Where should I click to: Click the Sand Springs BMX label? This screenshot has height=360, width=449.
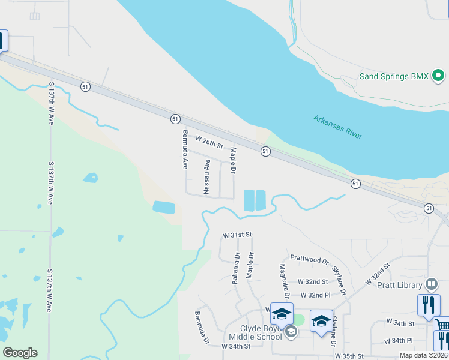pos(394,76)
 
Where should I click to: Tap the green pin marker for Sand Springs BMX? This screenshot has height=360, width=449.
pos(438,76)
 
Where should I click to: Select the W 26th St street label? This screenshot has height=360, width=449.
pos(209,142)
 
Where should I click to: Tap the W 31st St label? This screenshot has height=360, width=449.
pos(237,234)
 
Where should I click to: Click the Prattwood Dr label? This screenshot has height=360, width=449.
pos(309,259)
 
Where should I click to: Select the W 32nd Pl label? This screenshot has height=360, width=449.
pos(315,295)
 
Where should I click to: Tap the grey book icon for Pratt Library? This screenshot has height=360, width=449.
pos(432,284)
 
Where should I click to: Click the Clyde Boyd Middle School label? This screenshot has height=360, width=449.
pos(261,332)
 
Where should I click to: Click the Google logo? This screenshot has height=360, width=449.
pos(20,353)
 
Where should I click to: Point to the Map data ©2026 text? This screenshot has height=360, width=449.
pos(423,355)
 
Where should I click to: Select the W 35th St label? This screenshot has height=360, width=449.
pos(354,356)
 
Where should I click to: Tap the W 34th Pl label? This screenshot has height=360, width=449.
pos(399,340)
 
